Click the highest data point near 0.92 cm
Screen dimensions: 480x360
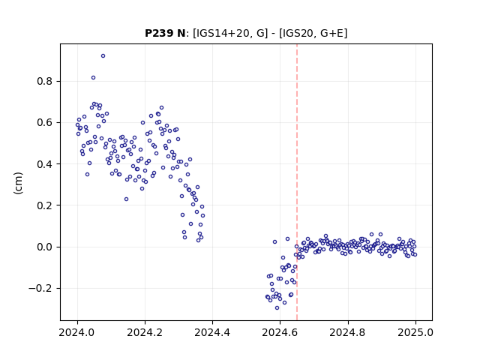coord(103,56)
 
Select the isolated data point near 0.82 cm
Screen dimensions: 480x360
coord(93,78)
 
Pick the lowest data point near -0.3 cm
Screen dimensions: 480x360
coord(277,308)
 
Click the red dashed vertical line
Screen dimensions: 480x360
coord(297,182)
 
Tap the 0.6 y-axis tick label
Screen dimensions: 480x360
coord(45,123)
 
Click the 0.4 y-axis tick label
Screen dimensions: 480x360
coord(45,164)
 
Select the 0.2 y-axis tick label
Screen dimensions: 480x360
coord(45,205)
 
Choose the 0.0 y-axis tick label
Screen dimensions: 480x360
coord(45,247)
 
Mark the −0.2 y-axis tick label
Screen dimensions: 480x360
coord(40,288)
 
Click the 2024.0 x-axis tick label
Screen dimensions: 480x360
coord(77,332)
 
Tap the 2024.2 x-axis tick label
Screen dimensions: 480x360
coord(145,332)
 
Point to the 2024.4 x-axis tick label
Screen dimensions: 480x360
coord(212,332)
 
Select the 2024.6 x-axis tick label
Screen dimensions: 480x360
coord(280,332)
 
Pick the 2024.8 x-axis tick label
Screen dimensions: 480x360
coord(347,332)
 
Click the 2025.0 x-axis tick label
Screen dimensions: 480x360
coord(415,332)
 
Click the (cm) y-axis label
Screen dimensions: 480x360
coord(18,183)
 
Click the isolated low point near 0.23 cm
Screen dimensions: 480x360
coord(126,199)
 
